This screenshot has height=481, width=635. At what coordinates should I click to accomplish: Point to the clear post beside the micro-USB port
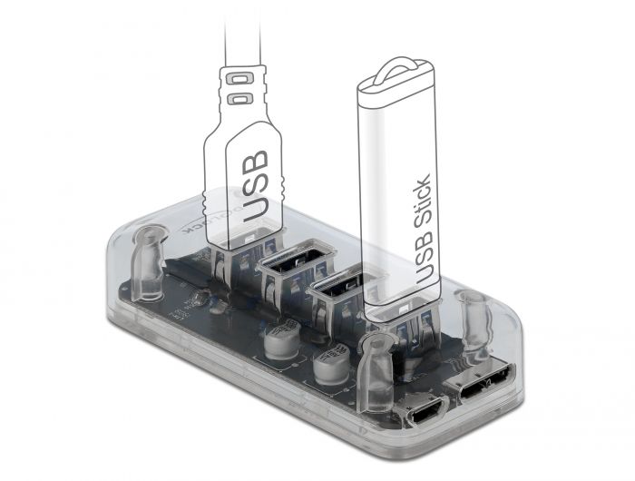pyautogui.click(x=374, y=377)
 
